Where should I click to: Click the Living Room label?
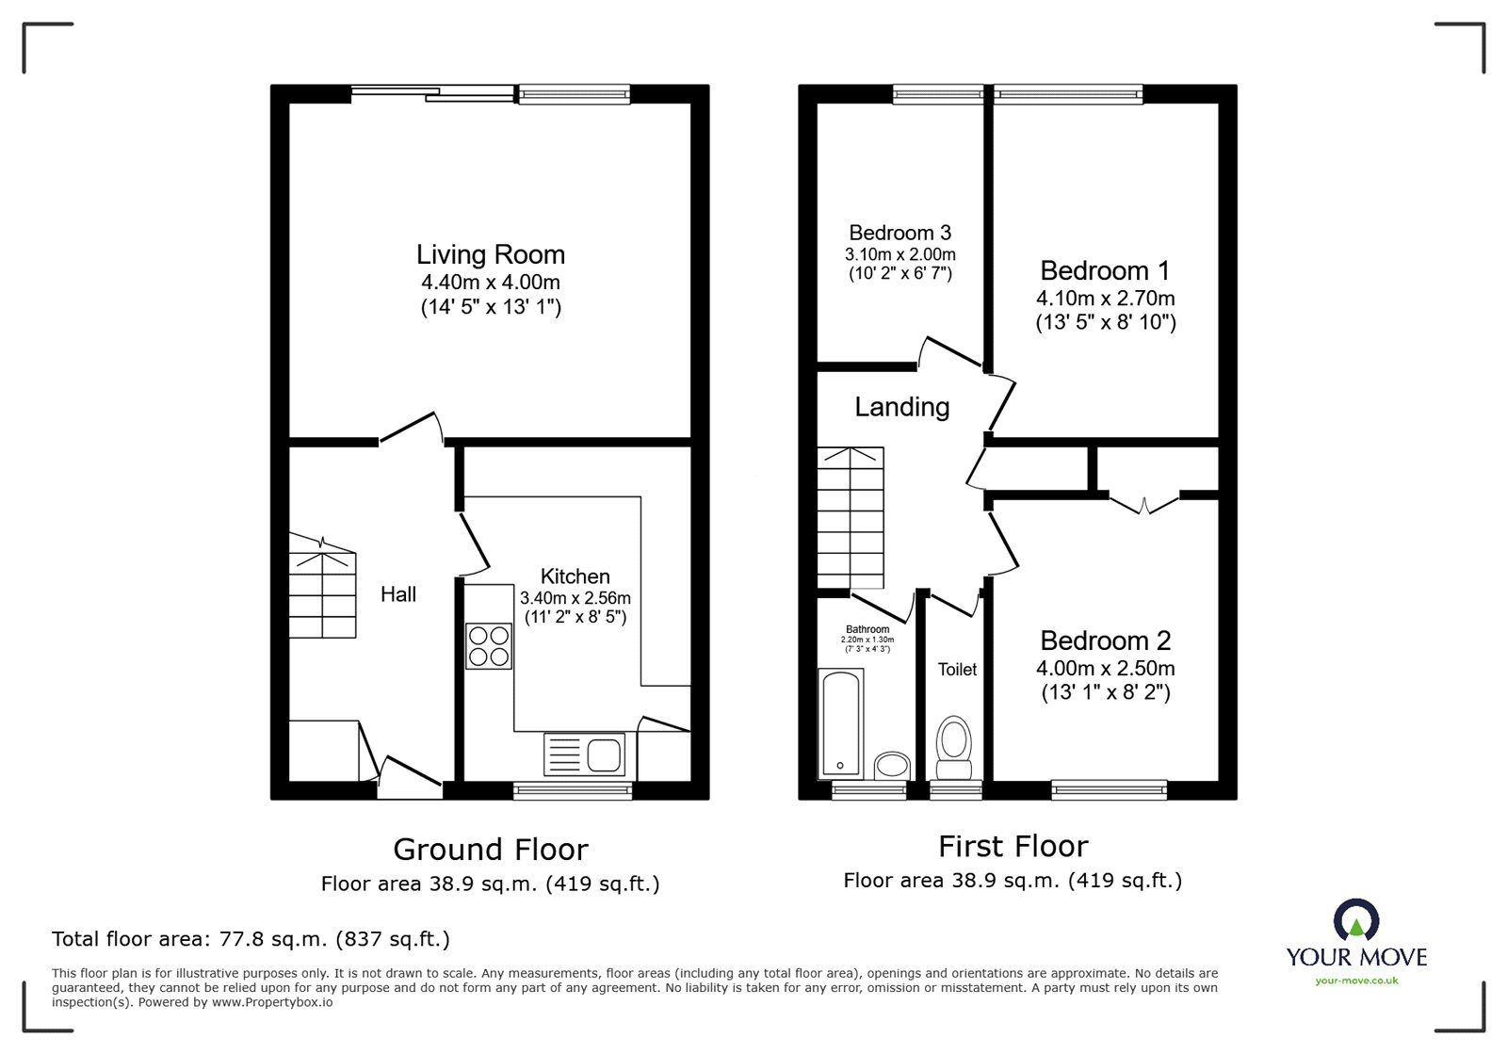[x=491, y=254]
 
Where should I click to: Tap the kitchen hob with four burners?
[x=489, y=646]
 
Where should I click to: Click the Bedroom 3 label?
[x=899, y=233]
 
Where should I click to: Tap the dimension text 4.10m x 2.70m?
[x=1105, y=299]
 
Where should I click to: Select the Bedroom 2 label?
[x=1105, y=641]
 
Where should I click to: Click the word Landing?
[x=901, y=407]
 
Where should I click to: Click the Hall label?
[x=398, y=594]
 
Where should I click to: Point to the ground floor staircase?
[x=322, y=589]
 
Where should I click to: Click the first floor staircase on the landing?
[x=851, y=516]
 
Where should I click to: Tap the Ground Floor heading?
[x=490, y=850]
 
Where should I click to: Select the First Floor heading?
[x=1013, y=846]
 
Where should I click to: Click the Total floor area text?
[x=251, y=939]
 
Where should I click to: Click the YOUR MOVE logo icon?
[x=1356, y=920]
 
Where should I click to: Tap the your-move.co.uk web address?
[x=1356, y=981]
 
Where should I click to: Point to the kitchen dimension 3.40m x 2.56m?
[x=575, y=597]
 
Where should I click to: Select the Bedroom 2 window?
[x=1109, y=789]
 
